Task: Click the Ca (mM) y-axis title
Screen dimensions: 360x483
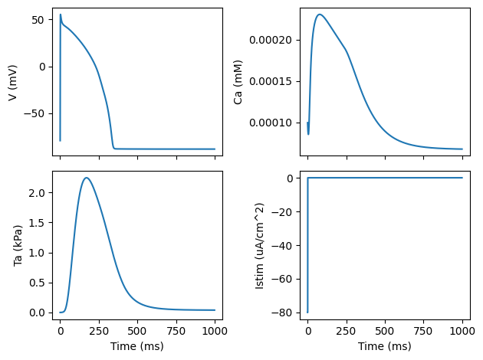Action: [x=240, y=82]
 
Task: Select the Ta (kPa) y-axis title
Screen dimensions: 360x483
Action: [x=18, y=244]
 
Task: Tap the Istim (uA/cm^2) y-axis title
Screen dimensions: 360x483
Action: [x=260, y=244]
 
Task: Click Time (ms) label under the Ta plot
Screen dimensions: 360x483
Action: [x=137, y=346]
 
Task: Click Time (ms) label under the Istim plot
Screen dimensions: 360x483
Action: [x=385, y=346]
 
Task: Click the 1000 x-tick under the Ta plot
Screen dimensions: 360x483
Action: [x=215, y=330]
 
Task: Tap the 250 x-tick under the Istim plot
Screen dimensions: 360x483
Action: [x=347, y=330]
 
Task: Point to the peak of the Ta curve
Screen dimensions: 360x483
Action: [x=87, y=178]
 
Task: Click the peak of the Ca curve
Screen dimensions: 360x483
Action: [x=320, y=14]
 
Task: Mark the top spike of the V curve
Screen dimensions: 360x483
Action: [x=61, y=14]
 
